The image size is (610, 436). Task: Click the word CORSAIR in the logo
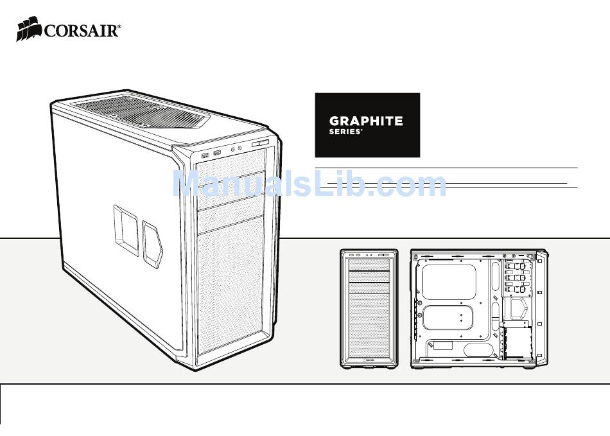click(82, 30)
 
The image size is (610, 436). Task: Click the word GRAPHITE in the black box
click(366, 120)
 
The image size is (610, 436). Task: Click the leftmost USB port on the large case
click(205, 154)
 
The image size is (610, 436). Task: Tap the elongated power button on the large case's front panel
click(262, 144)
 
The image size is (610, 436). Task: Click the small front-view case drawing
click(369, 308)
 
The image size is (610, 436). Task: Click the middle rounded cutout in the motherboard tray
click(449, 318)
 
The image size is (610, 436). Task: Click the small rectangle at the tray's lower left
click(443, 346)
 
